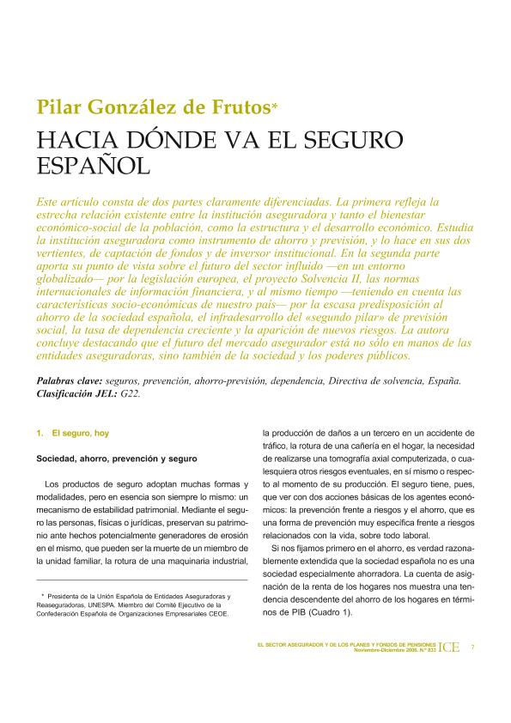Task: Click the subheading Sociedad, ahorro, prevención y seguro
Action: click(x=117, y=459)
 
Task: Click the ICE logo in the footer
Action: click(x=448, y=647)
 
